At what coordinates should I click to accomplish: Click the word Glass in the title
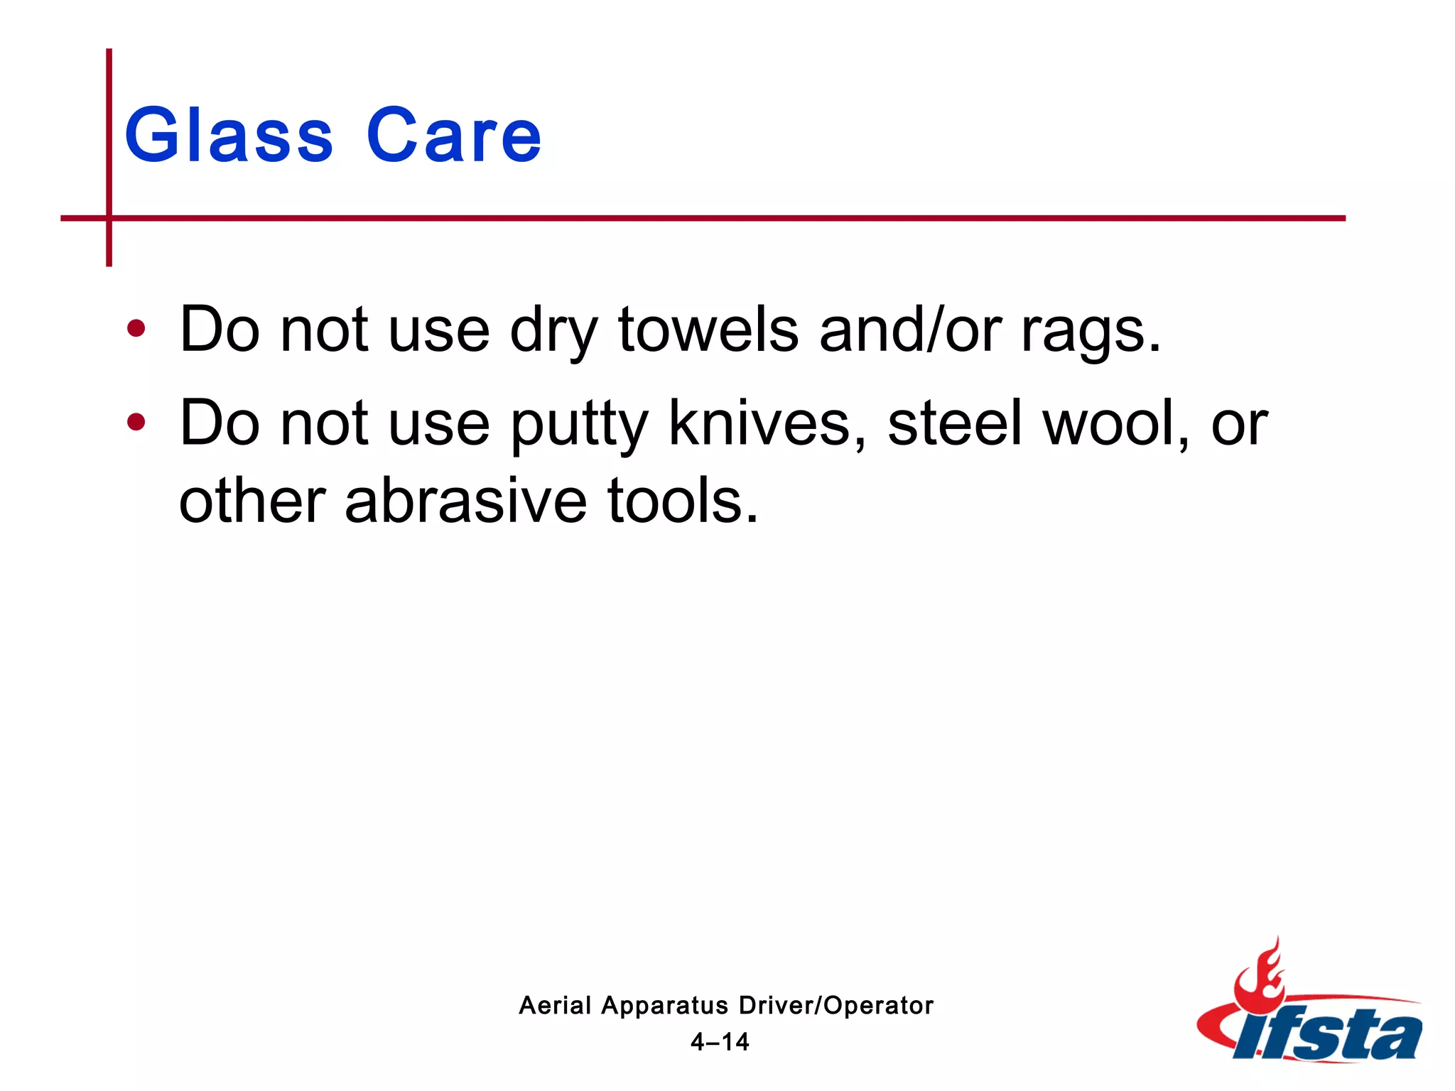[x=229, y=135]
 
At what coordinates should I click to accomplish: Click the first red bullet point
[x=136, y=329]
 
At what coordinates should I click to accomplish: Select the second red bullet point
[x=136, y=423]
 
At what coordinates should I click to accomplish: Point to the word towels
[x=708, y=330]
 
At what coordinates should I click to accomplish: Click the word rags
[x=1090, y=331]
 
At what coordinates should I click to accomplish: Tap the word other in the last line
[x=252, y=501]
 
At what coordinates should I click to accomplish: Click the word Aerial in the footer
[x=555, y=1006]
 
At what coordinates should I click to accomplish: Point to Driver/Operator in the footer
[x=836, y=1006]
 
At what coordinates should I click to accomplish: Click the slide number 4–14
[x=720, y=1042]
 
